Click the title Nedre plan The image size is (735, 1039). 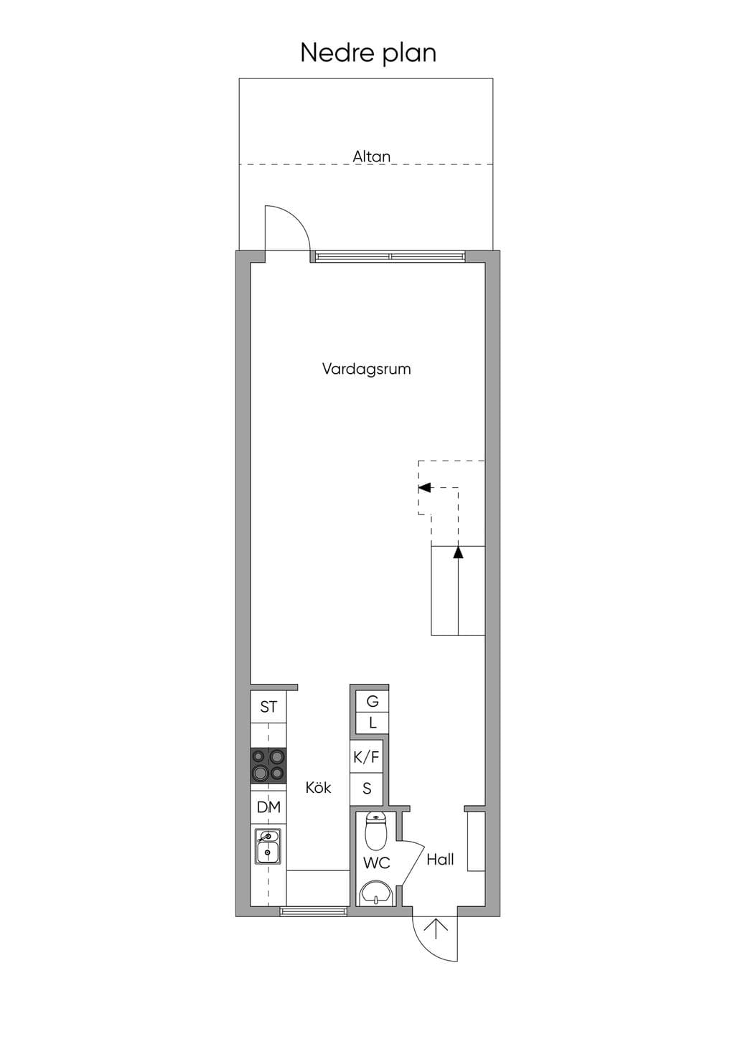[368, 53]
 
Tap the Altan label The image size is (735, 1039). [371, 156]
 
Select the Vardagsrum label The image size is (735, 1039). [367, 370]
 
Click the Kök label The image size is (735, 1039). [318, 787]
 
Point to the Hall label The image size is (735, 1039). [440, 860]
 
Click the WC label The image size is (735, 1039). [376, 863]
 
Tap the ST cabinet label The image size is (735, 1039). [268, 707]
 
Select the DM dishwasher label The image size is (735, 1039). [268, 807]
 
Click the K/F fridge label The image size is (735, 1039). [366, 757]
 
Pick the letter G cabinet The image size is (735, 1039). [372, 701]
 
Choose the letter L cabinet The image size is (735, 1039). [372, 723]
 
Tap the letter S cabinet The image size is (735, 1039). [367, 788]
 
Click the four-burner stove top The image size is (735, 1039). [268, 766]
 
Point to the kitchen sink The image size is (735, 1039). [267, 847]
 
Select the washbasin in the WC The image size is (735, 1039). [376, 893]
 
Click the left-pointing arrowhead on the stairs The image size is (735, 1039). [424, 487]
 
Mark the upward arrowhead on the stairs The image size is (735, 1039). [459, 552]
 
